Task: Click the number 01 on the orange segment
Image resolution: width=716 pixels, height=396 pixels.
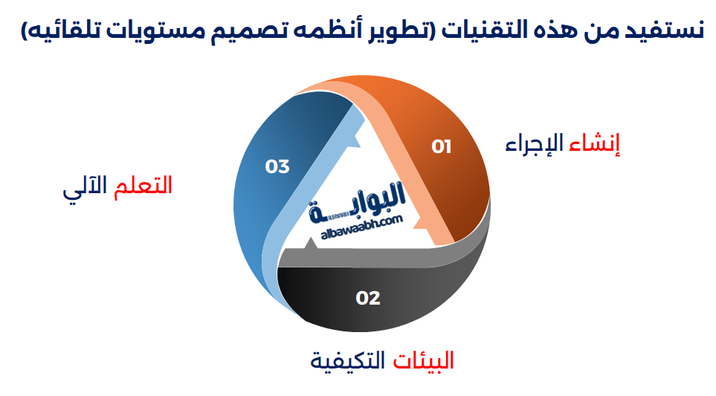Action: pyautogui.click(x=441, y=146)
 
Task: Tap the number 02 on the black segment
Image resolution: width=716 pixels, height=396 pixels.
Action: pyautogui.click(x=367, y=298)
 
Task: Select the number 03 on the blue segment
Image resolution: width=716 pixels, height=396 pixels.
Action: pyautogui.click(x=277, y=166)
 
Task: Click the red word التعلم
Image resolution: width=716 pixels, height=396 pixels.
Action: pyautogui.click(x=143, y=186)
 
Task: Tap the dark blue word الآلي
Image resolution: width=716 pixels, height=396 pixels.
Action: pyautogui.click(x=86, y=186)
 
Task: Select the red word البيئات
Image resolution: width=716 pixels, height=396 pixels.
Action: pyautogui.click(x=423, y=361)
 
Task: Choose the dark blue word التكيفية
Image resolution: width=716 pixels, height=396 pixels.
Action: pyautogui.click(x=348, y=361)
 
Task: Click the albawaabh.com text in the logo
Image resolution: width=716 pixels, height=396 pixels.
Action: pyautogui.click(x=361, y=227)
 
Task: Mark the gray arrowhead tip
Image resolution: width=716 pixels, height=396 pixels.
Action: pyautogui.click(x=312, y=238)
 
